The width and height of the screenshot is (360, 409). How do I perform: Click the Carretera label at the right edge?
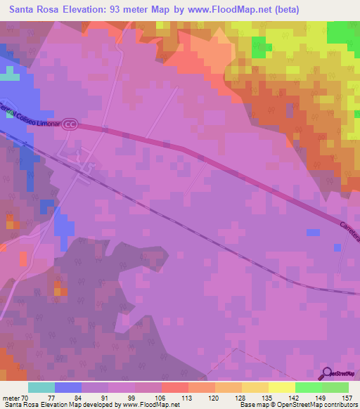coord(350,230)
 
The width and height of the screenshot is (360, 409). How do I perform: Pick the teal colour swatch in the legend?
coord(41,387)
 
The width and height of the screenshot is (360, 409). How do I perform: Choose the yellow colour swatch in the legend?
coord(281,387)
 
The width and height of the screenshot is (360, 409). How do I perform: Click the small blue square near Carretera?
coord(311,233)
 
